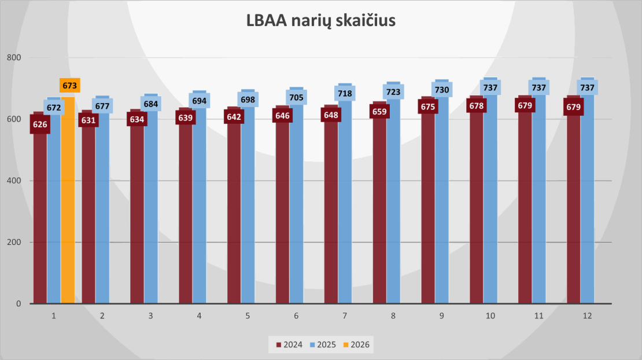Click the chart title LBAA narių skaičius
[x=321, y=21]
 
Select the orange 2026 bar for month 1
[x=68, y=203]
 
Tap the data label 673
[x=69, y=86]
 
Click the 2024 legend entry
[x=290, y=345]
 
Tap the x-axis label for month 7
[x=345, y=316]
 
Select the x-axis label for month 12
[x=587, y=316]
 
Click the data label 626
[x=40, y=124]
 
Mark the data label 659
[x=379, y=111]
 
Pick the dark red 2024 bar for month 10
[x=476, y=214]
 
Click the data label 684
[x=150, y=104]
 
